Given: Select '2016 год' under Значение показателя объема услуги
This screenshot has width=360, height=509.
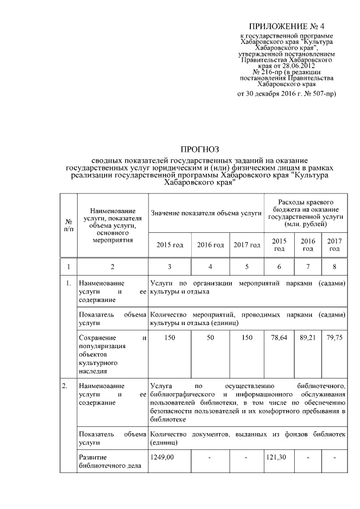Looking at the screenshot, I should tap(210, 245).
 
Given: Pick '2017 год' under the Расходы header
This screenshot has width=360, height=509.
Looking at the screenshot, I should tap(335, 245).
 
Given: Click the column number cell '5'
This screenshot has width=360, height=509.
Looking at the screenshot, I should tap(246, 266).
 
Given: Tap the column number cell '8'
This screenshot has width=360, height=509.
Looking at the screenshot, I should tap(335, 266).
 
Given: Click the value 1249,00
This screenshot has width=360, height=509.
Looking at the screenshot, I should tap(163, 457).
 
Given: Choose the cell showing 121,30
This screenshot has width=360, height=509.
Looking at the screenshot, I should tap(277, 457).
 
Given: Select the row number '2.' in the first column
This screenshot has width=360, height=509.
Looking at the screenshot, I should tap(65, 386).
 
